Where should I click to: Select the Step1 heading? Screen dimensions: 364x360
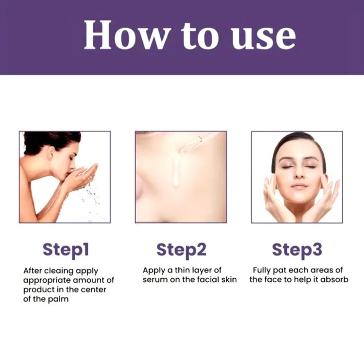tap(66, 250)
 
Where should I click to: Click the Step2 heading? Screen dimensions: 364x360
tap(181, 250)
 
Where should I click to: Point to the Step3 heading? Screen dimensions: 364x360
tap(297, 250)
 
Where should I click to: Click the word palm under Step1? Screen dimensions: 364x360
tap(58, 299)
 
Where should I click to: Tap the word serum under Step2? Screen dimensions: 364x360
tap(155, 280)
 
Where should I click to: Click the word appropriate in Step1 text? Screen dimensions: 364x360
tap(46, 281)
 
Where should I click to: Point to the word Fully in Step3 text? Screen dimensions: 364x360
tap(261, 271)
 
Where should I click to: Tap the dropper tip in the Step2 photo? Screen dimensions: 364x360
tap(180, 151)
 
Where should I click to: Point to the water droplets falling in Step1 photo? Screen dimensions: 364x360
tap(92, 200)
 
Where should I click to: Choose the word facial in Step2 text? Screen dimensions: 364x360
tap(207, 280)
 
